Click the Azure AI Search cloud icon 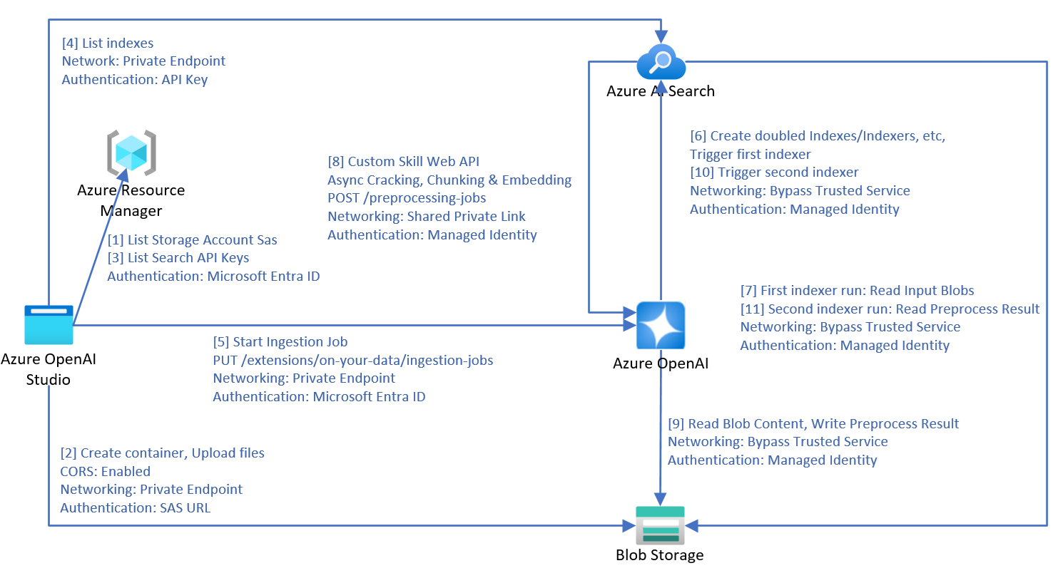coord(661,62)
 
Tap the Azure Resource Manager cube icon coord(131,153)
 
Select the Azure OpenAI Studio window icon coord(49,325)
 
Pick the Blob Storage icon coord(660,525)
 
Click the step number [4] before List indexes coord(70,43)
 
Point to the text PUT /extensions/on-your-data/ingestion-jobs coord(352,360)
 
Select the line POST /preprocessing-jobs coord(407,197)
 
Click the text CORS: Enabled coord(106,471)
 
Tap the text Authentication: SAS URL coord(136,508)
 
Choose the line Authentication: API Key coord(135,79)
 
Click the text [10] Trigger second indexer coord(774,172)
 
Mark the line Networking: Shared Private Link coord(426,216)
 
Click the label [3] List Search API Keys coord(178,258)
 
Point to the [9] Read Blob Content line coord(813,423)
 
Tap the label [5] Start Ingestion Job coord(280,341)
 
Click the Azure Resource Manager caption coord(131,200)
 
